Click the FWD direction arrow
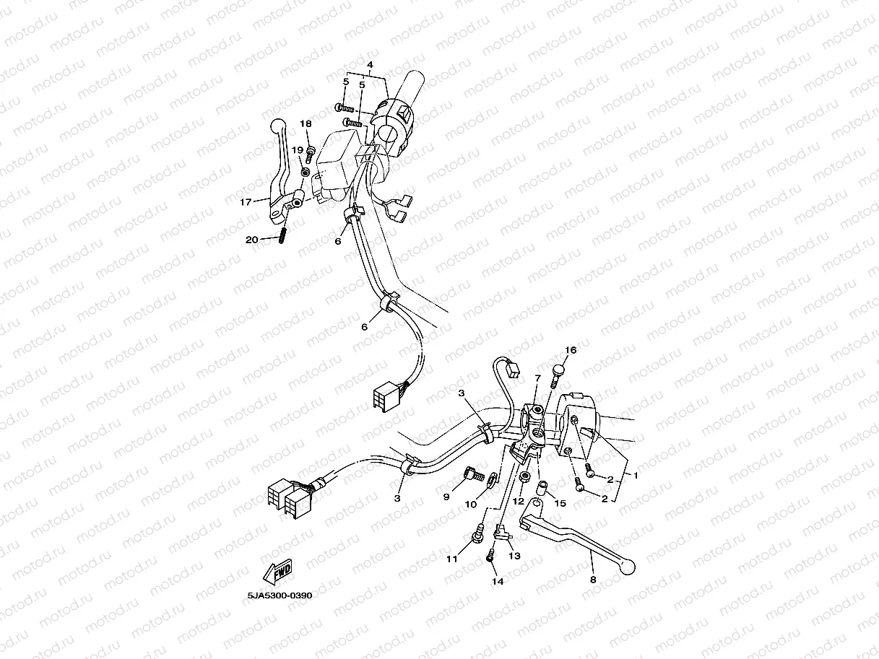(x=277, y=572)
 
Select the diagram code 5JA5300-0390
(x=280, y=595)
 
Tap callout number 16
(x=571, y=350)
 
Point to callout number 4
(x=370, y=65)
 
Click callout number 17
(x=246, y=202)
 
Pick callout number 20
(x=251, y=240)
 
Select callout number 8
(x=593, y=580)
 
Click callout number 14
(x=498, y=581)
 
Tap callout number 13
(x=514, y=556)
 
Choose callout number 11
(x=451, y=559)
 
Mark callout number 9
(x=446, y=497)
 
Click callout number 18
(x=306, y=123)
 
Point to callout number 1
(x=636, y=476)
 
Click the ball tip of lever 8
(x=628, y=567)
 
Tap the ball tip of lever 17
(x=277, y=126)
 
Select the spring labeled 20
(x=282, y=235)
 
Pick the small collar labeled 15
(x=542, y=489)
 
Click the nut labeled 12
(x=523, y=477)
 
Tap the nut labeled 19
(x=305, y=173)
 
